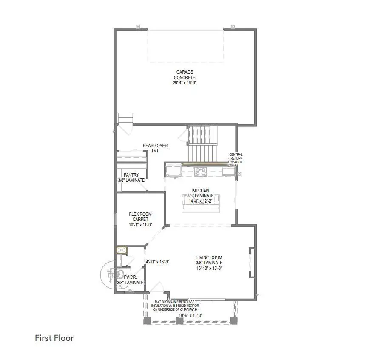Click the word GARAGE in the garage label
tap(185, 72)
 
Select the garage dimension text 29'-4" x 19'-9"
tap(185, 83)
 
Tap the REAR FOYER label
tap(155, 146)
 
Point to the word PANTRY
tap(131, 175)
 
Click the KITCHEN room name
tap(200, 190)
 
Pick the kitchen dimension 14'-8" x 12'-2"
tap(200, 201)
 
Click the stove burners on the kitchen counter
tap(200, 171)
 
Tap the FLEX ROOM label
tap(140, 214)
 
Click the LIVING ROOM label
tap(209, 257)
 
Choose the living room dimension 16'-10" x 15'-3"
tap(209, 268)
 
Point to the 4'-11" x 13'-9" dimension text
tap(158, 262)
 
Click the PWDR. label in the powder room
tap(130, 277)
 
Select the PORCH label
tap(191, 310)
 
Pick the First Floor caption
tap(54, 338)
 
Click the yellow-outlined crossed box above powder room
tap(121, 250)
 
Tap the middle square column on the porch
tap(179, 320)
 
